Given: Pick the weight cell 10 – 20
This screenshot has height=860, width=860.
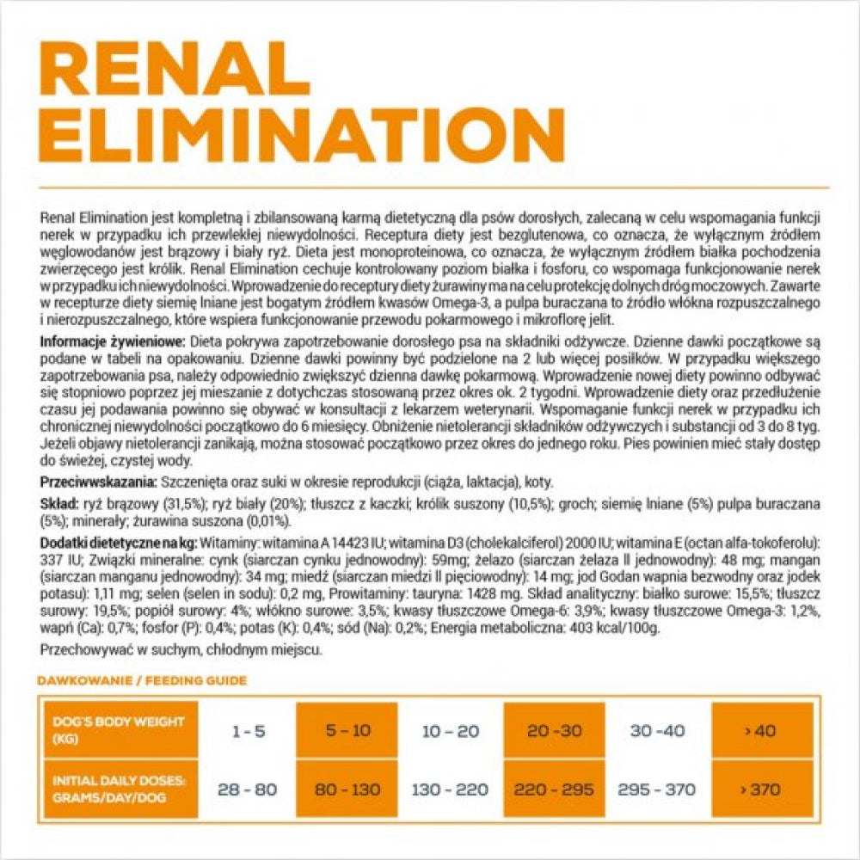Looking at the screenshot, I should (450, 731).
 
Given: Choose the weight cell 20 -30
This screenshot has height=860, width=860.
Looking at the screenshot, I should (555, 731).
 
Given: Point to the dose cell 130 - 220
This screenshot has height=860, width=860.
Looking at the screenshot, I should (450, 789).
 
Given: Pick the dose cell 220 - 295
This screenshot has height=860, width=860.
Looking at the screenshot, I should (555, 789).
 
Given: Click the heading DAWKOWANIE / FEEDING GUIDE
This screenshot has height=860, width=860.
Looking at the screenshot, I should (142, 681).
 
